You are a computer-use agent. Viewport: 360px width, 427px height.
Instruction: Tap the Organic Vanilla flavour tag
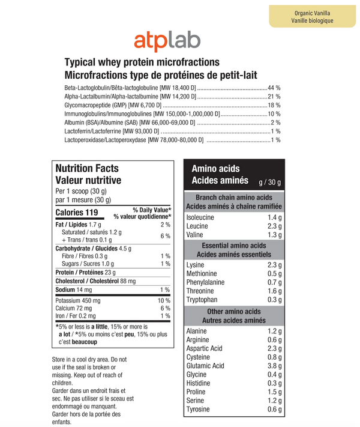313,16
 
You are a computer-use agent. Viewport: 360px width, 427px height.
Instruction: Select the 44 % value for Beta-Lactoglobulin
274,88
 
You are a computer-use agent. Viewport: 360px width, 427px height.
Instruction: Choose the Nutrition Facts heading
87,169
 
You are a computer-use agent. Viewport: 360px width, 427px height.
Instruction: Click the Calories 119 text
76,213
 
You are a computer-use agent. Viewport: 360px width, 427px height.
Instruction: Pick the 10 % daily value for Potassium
164,300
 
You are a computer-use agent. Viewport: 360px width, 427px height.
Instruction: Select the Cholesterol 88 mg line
95,280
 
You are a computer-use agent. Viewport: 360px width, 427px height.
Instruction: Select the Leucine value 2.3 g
274,226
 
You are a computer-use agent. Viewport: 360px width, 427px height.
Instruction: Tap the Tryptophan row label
202,300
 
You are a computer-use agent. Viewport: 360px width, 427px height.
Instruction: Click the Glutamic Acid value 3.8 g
274,366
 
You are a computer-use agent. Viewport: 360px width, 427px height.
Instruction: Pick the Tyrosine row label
198,409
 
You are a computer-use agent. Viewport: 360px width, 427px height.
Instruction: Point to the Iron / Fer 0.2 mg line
75,315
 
